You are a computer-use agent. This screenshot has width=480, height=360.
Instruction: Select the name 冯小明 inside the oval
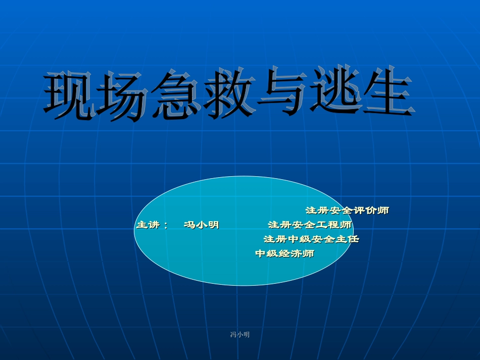pos(202,225)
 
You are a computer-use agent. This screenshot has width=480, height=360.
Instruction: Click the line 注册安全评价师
pos(347,210)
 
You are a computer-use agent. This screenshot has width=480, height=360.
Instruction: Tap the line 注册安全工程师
pos(310,225)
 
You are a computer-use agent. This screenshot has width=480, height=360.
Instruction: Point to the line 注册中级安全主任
pos(311,239)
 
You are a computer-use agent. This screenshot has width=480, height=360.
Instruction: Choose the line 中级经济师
pos(284,253)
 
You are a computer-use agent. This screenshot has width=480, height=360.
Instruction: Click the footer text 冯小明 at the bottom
pos(240,335)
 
